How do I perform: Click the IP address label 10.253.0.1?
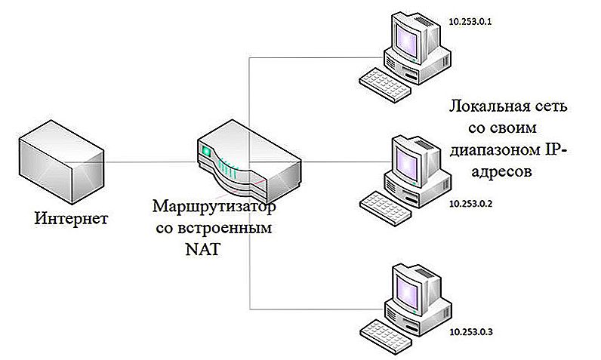[x=470, y=22]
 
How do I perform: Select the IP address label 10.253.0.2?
[x=470, y=203]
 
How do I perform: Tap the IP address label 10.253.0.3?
[x=470, y=331]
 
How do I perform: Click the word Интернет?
[x=71, y=219]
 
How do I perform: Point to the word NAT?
[x=203, y=249]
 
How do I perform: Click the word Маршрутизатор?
[x=214, y=208]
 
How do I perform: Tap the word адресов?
[x=501, y=171]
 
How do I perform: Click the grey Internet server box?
[x=61, y=162]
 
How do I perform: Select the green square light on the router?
[x=207, y=151]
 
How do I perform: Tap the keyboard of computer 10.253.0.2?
[x=385, y=208]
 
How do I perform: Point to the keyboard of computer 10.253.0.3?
[x=385, y=337]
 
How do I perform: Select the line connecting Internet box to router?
[x=151, y=162]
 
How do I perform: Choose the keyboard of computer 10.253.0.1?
[x=385, y=85]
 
